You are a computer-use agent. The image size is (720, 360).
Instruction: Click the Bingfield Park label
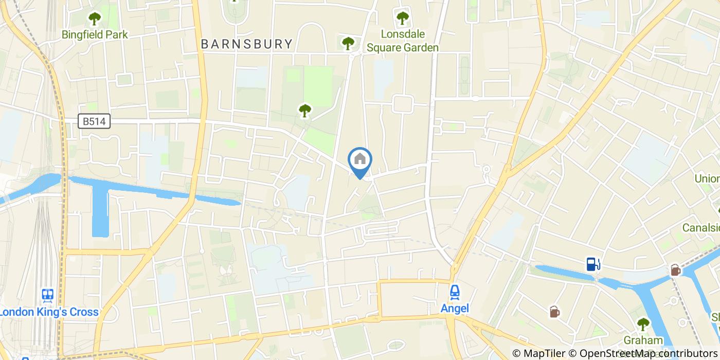pyautogui.click(x=95, y=35)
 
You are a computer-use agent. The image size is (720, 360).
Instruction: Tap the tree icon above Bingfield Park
pyautogui.click(x=95, y=20)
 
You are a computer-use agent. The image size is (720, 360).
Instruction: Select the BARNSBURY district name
pyautogui.click(x=247, y=44)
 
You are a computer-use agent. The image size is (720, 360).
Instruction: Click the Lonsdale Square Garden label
pyautogui.click(x=402, y=41)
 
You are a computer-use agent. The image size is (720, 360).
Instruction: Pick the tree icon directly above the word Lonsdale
pyautogui.click(x=402, y=19)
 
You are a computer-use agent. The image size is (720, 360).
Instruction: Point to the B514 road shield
pyautogui.click(x=95, y=121)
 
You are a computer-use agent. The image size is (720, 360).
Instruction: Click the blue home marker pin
pyautogui.click(x=360, y=160)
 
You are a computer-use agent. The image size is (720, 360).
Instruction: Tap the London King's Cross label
pyautogui.click(x=49, y=312)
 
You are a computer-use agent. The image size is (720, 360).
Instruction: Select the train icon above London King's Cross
pyautogui.click(x=47, y=295)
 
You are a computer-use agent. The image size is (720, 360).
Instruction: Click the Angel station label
pyautogui.click(x=455, y=309)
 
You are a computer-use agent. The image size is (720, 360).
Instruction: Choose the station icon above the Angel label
pyautogui.click(x=455, y=292)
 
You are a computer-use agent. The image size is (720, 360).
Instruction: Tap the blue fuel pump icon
pyautogui.click(x=593, y=264)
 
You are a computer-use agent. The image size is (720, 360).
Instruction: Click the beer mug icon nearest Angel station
pyautogui.click(x=554, y=311)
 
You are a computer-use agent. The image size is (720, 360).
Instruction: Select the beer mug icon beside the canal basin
pyautogui.click(x=675, y=269)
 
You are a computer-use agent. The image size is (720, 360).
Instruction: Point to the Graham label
pyautogui.click(x=643, y=340)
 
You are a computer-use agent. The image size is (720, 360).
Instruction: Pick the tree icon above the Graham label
pyautogui.click(x=643, y=324)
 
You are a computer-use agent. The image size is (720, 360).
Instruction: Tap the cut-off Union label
pyautogui.click(x=707, y=178)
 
